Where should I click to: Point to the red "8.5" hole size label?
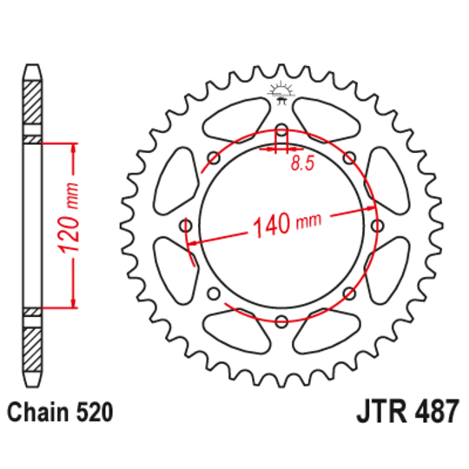(x=302, y=162)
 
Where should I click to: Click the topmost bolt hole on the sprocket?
(x=281, y=132)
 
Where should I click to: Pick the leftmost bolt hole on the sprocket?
(x=188, y=226)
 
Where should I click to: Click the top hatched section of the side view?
(x=32, y=104)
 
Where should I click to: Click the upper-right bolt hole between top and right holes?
(x=348, y=159)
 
